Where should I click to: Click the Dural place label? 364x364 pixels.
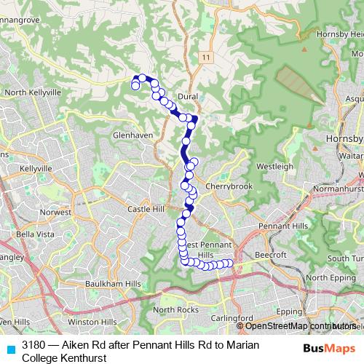point(188,96)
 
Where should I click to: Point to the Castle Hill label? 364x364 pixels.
point(143,209)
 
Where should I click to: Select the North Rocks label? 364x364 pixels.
point(175,310)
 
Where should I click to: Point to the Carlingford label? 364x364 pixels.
point(232,318)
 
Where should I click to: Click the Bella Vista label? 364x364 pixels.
point(35,234)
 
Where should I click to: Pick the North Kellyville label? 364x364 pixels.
point(31,92)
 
